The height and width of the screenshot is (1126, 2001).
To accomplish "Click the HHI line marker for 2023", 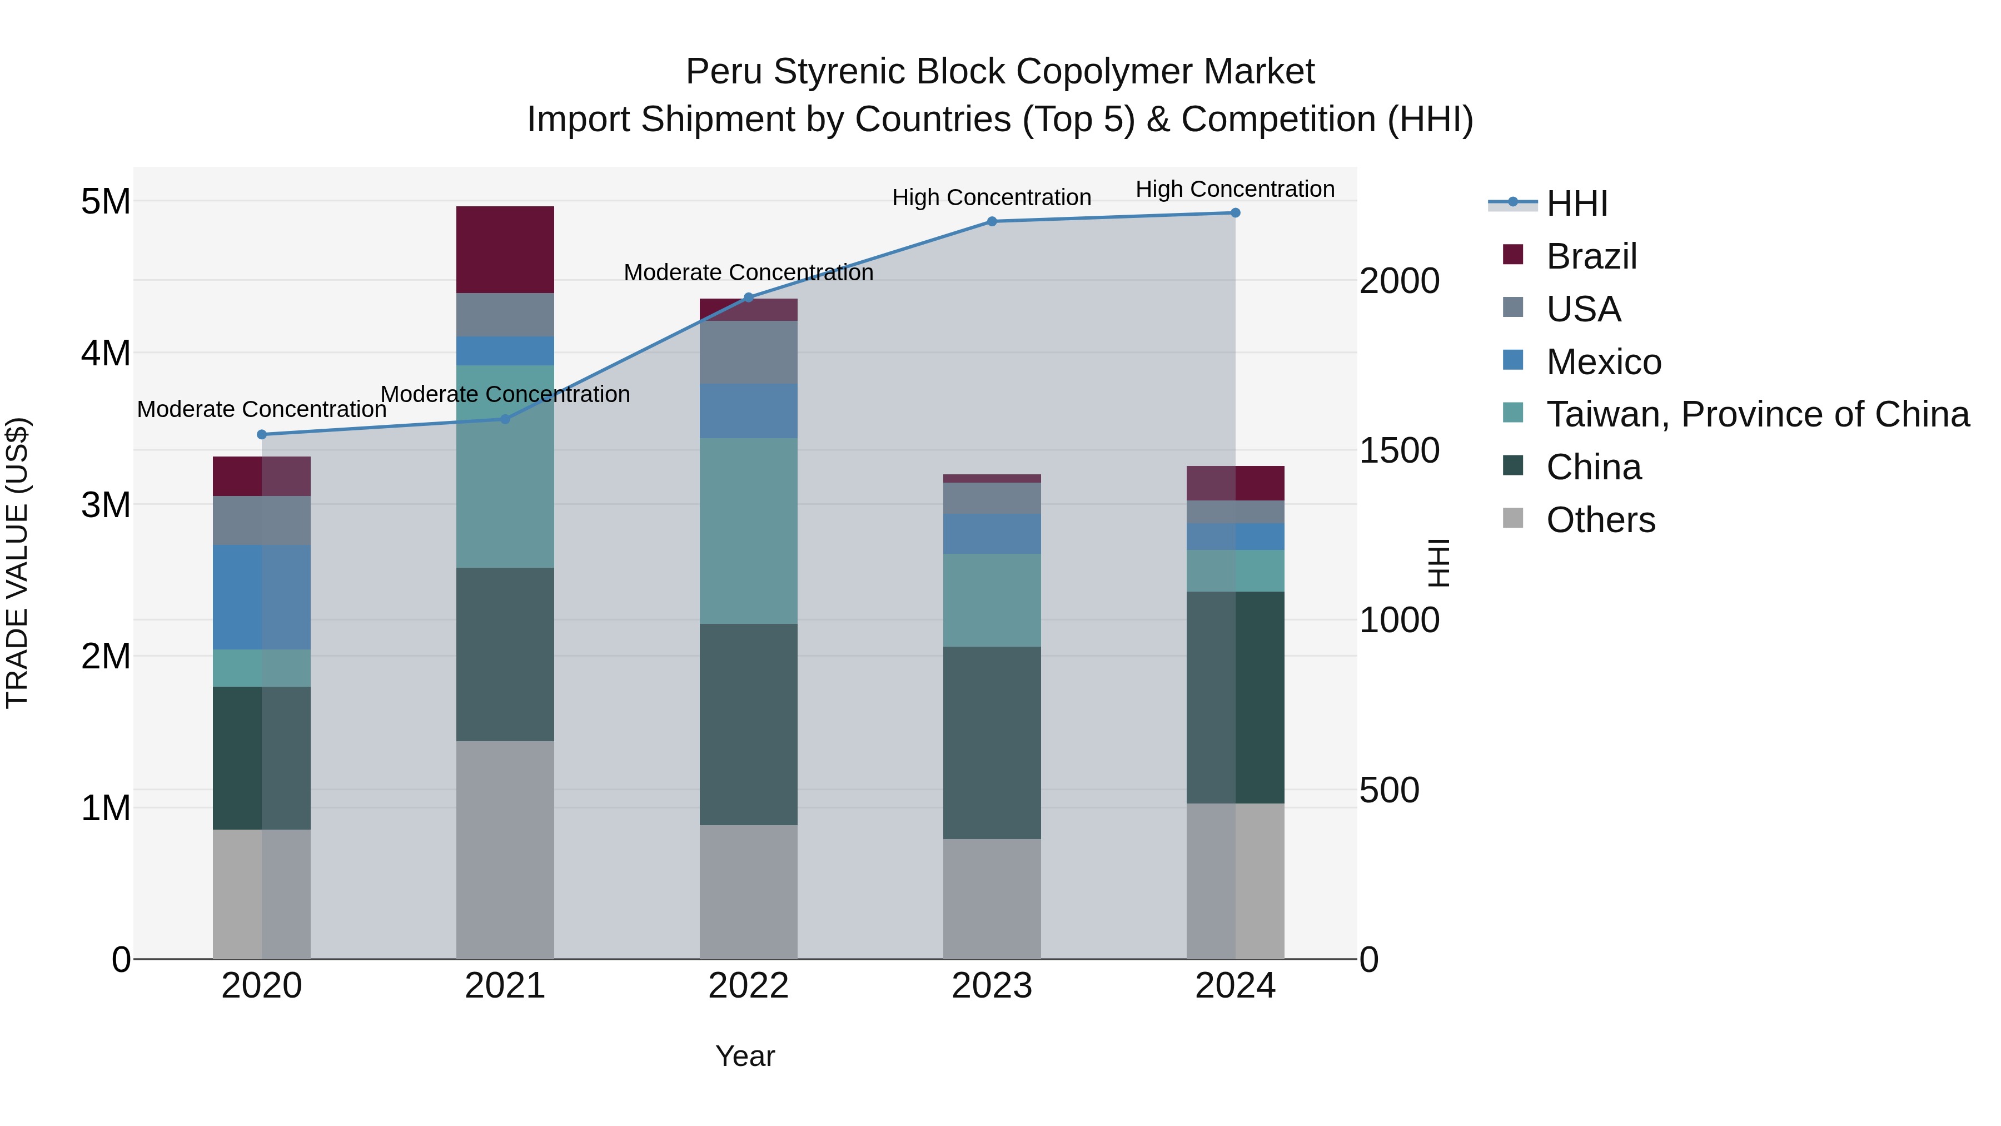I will (992, 221).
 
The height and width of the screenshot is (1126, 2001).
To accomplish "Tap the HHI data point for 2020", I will (262, 434).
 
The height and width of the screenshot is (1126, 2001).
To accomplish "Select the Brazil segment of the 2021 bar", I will (505, 250).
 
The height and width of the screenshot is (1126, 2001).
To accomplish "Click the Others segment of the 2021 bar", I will (505, 849).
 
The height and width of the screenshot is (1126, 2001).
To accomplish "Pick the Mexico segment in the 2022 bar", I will (748, 410).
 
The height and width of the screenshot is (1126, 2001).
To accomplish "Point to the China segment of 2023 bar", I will (992, 742).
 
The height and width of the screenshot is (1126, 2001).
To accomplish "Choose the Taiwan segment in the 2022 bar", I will (748, 531).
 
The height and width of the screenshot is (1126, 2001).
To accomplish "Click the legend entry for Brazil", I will (1591, 256).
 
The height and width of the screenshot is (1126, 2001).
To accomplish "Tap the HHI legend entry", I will (1576, 204).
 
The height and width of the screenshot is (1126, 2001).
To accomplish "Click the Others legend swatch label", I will (1600, 520).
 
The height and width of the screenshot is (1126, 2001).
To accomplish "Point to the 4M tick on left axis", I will (106, 353).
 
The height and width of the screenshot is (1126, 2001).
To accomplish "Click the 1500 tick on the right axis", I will (1399, 451).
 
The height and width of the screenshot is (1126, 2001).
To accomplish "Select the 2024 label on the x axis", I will (1235, 986).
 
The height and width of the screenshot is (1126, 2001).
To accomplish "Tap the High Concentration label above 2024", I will (1235, 189).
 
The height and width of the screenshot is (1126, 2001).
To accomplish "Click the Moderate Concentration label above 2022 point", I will (748, 273).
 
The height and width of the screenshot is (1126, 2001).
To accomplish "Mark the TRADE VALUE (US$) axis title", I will (17, 563).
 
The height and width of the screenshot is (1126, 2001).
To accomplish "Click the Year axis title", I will (745, 1056).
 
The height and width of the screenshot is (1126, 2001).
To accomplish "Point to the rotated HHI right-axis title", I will (1438, 563).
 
